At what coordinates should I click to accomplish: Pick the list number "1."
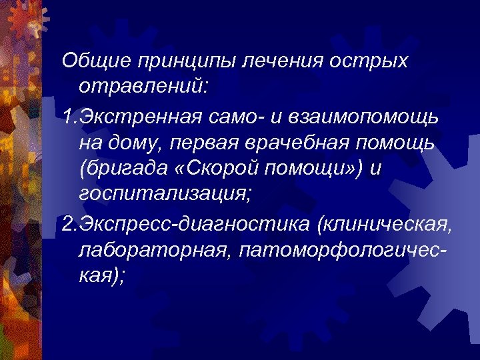point(69,117)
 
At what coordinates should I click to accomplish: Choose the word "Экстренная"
point(139,117)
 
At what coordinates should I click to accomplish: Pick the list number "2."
point(69,223)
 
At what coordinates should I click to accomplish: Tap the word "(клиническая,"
point(386,223)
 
